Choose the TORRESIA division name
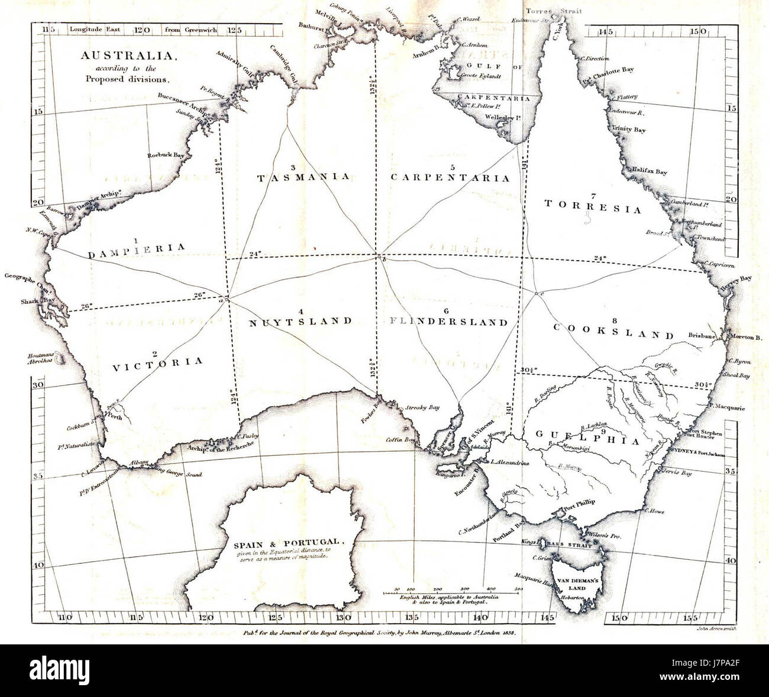point(593,209)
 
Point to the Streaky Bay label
point(422,407)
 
